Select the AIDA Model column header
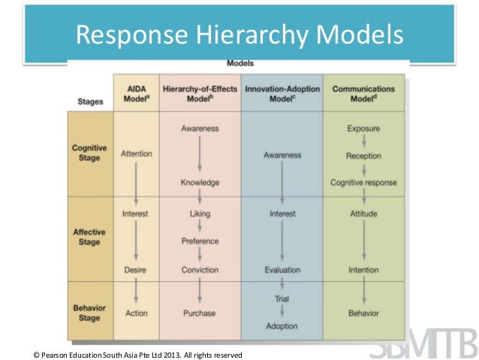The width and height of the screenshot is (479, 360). click(x=137, y=94)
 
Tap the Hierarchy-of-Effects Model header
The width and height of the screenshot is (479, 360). click(x=200, y=94)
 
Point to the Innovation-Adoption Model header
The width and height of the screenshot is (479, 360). click(x=282, y=94)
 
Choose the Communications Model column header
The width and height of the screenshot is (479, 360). click(x=363, y=94)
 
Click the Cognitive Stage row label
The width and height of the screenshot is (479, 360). click(x=89, y=153)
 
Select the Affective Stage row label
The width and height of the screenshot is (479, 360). click(x=89, y=238)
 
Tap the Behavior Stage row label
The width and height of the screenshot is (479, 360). click(x=89, y=313)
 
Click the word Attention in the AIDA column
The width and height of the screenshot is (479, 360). click(x=136, y=154)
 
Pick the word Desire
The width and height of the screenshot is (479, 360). click(x=136, y=270)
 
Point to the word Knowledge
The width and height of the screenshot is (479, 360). click(x=200, y=183)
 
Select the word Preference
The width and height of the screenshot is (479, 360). click(x=200, y=241)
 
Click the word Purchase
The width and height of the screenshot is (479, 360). click(x=200, y=313)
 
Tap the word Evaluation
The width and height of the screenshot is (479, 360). click(x=282, y=270)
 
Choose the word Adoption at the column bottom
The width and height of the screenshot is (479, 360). click(x=282, y=326)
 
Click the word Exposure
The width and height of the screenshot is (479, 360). click(x=363, y=129)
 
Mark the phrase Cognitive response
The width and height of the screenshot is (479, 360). click(x=363, y=183)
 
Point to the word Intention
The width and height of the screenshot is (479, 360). click(x=363, y=270)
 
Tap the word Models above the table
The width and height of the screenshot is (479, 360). click(x=239, y=64)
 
